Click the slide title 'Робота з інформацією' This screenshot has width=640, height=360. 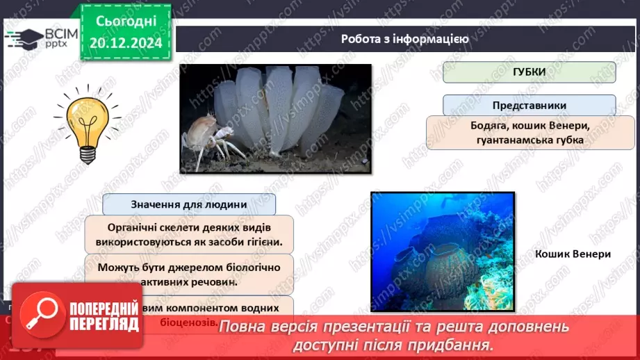tap(404, 39)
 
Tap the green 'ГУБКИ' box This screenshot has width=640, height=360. tap(529, 72)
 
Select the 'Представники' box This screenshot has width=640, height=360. tap(529, 106)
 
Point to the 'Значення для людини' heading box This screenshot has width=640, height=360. tap(188, 204)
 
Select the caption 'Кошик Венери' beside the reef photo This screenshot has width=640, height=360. tap(573, 254)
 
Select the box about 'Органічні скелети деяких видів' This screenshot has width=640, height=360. tap(189, 236)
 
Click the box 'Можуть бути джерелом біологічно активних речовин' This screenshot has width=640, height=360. tap(189, 275)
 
